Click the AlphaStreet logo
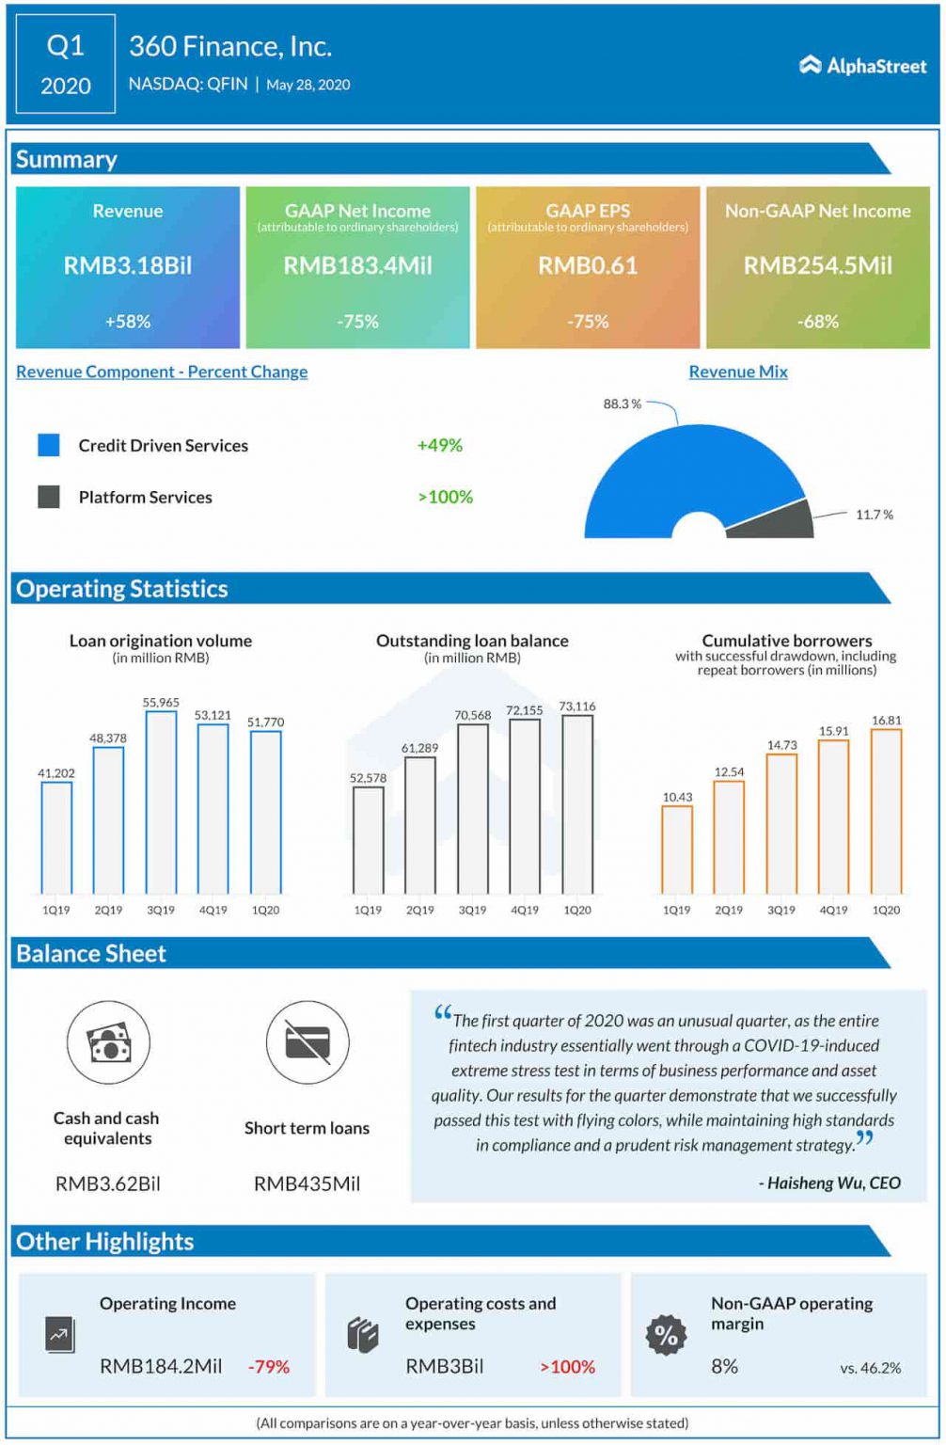click(x=862, y=65)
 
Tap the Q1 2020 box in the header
click(x=66, y=65)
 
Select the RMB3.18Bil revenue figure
click(x=128, y=266)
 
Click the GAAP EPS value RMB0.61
click(x=588, y=266)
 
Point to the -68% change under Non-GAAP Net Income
click(x=817, y=322)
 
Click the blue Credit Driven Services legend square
click(x=49, y=445)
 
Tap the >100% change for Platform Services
click(x=446, y=497)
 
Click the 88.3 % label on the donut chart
click(x=622, y=405)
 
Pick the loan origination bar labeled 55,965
click(x=161, y=802)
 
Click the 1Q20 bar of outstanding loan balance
click(x=577, y=804)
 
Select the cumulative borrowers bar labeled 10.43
click(x=677, y=849)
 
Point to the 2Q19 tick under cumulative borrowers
click(x=729, y=911)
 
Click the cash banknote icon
click(x=109, y=1043)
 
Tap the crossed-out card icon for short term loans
click(x=307, y=1042)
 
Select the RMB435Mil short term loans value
click(x=307, y=1184)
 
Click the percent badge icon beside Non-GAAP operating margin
click(x=666, y=1335)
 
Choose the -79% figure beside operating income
click(x=269, y=1367)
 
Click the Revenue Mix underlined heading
click(x=738, y=372)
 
